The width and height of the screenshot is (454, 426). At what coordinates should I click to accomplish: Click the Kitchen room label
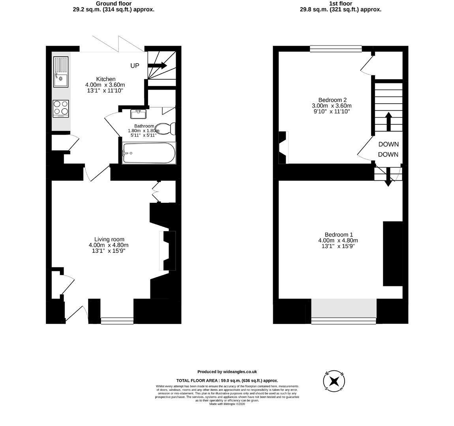pyautogui.click(x=106, y=79)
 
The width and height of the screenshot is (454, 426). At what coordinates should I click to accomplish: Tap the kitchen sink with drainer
pyautogui.click(x=61, y=72)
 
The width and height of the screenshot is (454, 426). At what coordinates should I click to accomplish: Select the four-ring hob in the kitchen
pyautogui.click(x=61, y=108)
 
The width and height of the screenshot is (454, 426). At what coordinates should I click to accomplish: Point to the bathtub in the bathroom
pyautogui.click(x=149, y=153)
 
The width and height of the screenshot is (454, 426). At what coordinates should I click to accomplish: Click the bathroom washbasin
pyautogui.click(x=139, y=114)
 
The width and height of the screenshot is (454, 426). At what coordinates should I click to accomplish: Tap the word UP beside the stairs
pyautogui.click(x=135, y=65)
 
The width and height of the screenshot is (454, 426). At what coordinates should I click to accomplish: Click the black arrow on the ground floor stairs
pyautogui.click(x=157, y=65)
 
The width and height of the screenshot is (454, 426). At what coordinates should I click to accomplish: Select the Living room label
pyautogui.click(x=109, y=239)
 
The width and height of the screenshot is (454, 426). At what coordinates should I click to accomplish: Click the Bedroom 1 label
pyautogui.click(x=339, y=235)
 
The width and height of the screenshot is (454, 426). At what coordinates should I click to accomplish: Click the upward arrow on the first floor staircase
pyautogui.click(x=388, y=121)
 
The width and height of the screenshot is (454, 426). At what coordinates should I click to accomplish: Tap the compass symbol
pyautogui.click(x=334, y=381)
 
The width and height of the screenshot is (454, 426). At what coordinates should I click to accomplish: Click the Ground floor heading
pyautogui.click(x=114, y=4)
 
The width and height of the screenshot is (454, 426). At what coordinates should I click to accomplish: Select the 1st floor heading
pyautogui.click(x=340, y=4)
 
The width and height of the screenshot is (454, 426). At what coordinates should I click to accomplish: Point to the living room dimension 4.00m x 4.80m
pyautogui.click(x=109, y=245)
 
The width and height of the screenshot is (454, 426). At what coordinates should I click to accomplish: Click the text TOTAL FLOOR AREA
pyautogui.click(x=197, y=381)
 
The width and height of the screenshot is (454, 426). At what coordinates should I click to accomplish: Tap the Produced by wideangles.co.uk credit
pyautogui.click(x=227, y=372)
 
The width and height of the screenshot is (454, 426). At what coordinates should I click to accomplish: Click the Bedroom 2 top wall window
pyautogui.click(x=336, y=49)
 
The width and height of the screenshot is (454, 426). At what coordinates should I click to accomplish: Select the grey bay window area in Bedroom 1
pyautogui.click(x=344, y=308)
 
